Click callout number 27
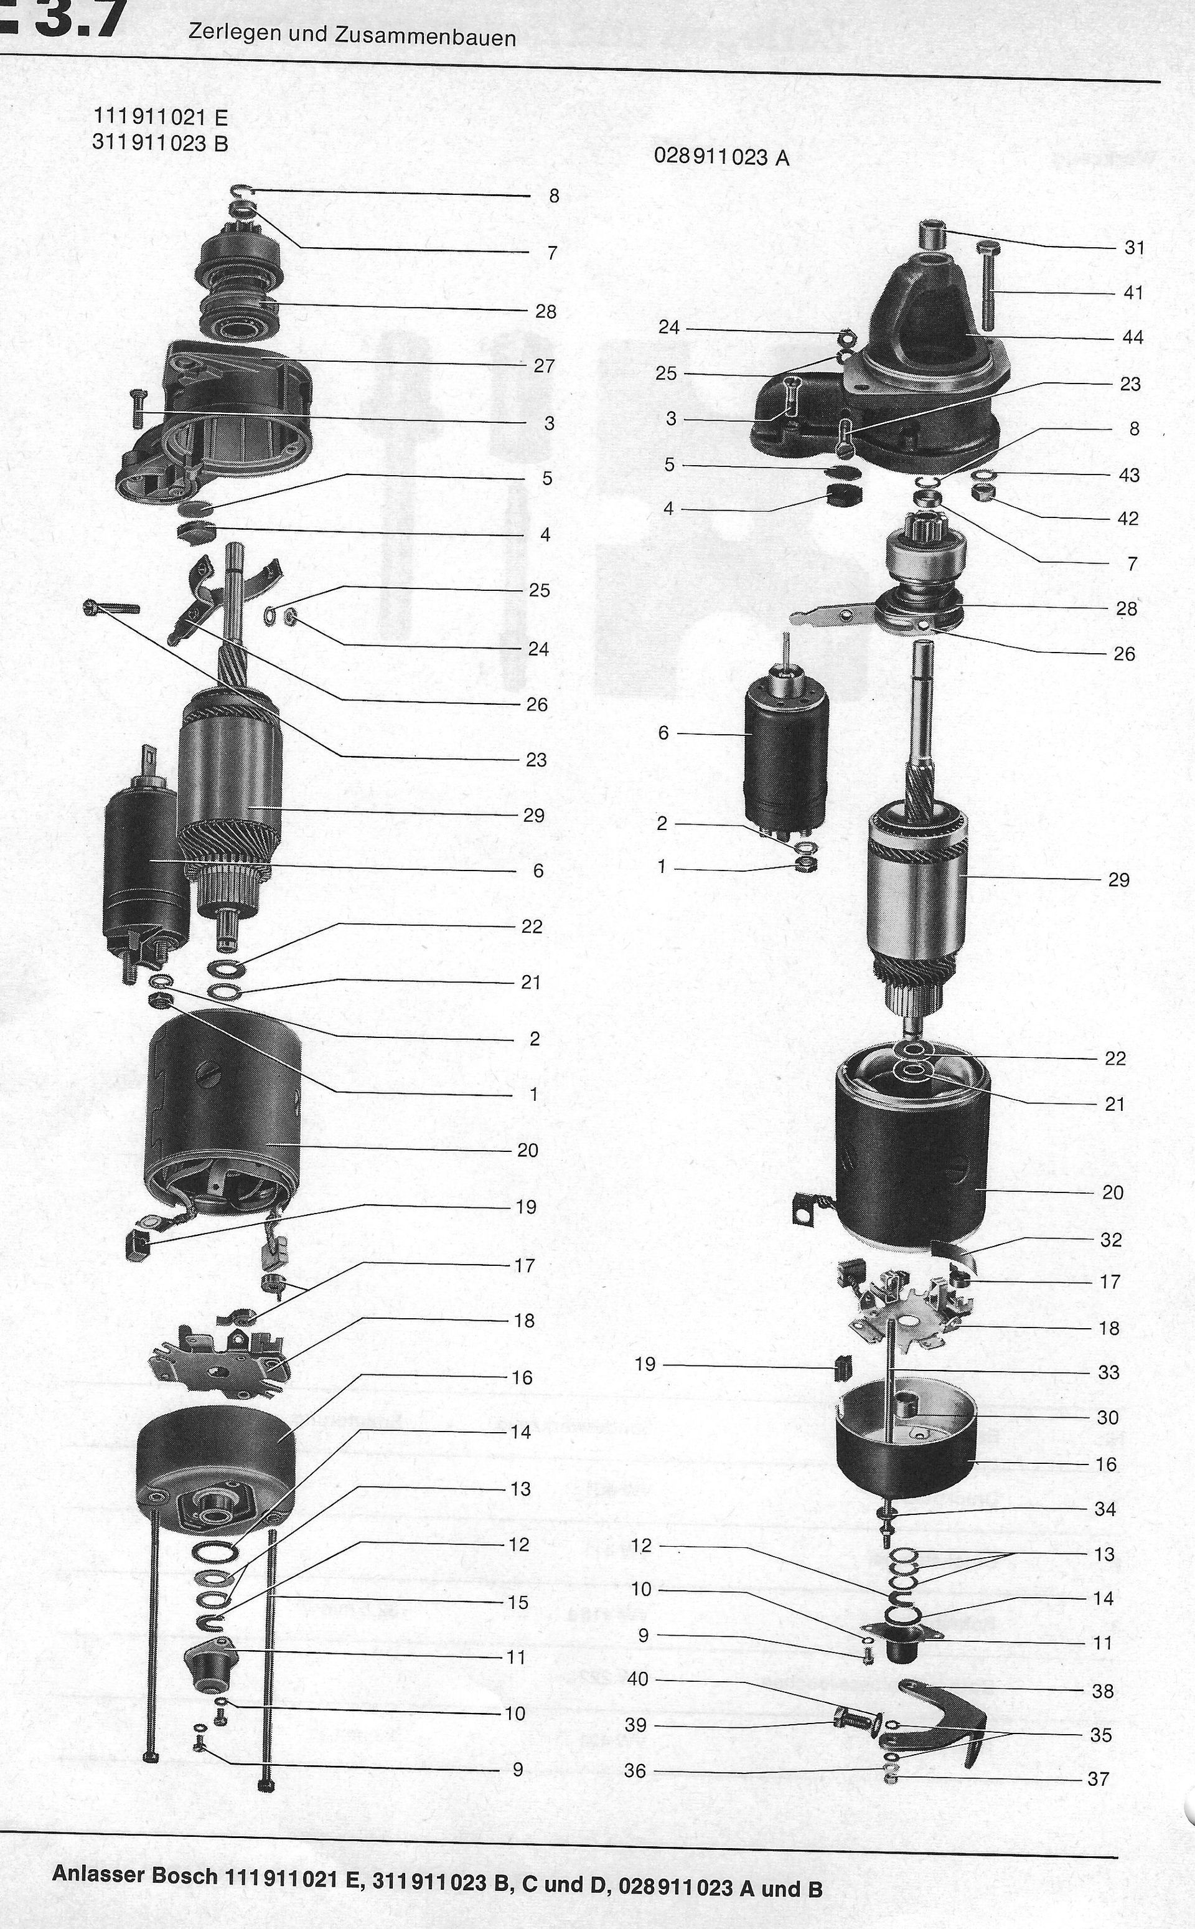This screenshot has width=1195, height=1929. (545, 366)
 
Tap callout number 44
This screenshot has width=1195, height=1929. (1133, 337)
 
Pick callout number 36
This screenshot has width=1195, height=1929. (635, 1771)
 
